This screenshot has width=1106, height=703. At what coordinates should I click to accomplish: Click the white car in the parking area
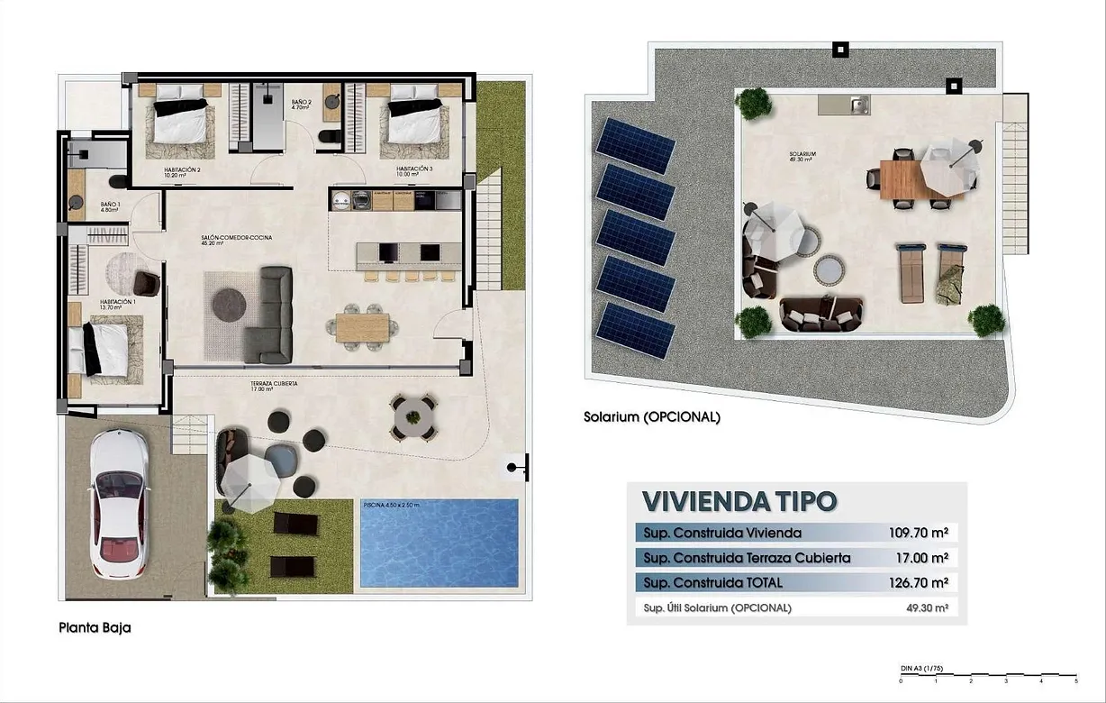[x=119, y=504]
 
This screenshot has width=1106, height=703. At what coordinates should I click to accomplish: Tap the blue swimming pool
[x=440, y=543]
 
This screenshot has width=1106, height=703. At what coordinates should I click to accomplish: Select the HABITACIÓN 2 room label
[x=182, y=169]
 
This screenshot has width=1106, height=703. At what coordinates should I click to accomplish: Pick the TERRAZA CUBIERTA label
[x=274, y=384]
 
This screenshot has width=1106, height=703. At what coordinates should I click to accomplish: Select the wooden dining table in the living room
[x=363, y=325]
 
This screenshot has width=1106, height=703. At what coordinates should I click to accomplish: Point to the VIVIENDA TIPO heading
[x=739, y=500]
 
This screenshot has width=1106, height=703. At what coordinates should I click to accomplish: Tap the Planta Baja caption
[x=95, y=628]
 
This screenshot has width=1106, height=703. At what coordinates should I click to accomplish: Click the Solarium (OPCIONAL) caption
[x=651, y=417]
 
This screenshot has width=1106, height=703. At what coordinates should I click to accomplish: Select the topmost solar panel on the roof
[x=633, y=145]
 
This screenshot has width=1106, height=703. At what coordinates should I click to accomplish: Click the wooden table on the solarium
[x=902, y=178]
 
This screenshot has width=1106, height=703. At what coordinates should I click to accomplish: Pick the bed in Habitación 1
[x=103, y=345]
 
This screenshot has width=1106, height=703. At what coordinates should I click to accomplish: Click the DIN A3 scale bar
[x=988, y=673]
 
